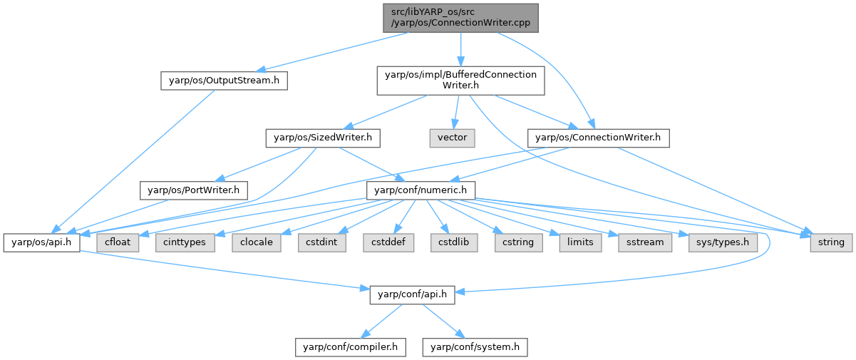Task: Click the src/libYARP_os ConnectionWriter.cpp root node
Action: point(460,17)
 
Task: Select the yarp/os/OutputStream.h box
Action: point(223,81)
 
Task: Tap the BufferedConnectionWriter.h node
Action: point(460,81)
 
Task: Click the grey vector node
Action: point(451,137)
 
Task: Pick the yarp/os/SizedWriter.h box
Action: point(323,137)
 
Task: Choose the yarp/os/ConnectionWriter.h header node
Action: point(598,137)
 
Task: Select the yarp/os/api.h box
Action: point(41,242)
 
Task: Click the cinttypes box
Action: point(183,242)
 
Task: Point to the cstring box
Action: point(518,242)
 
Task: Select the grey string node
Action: point(830,242)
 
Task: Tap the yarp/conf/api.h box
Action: point(411,294)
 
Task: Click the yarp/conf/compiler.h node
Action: point(351,347)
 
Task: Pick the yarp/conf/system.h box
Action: point(475,347)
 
